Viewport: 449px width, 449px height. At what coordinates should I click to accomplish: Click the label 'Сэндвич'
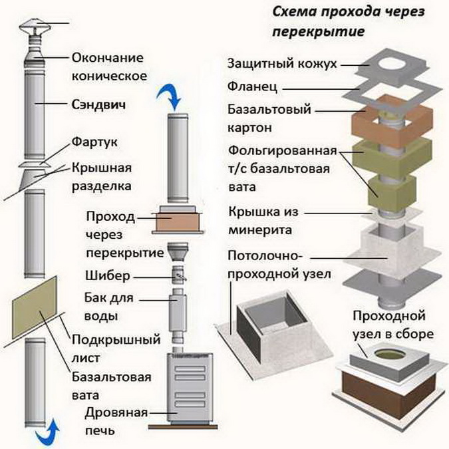99,104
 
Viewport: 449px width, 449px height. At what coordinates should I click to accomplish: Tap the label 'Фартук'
93,142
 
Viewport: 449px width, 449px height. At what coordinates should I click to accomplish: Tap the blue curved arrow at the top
168,98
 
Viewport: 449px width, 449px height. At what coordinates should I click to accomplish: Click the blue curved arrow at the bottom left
45,433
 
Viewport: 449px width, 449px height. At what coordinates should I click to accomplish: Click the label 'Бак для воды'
110,305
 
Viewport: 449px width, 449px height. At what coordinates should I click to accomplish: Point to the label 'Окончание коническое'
108,66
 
